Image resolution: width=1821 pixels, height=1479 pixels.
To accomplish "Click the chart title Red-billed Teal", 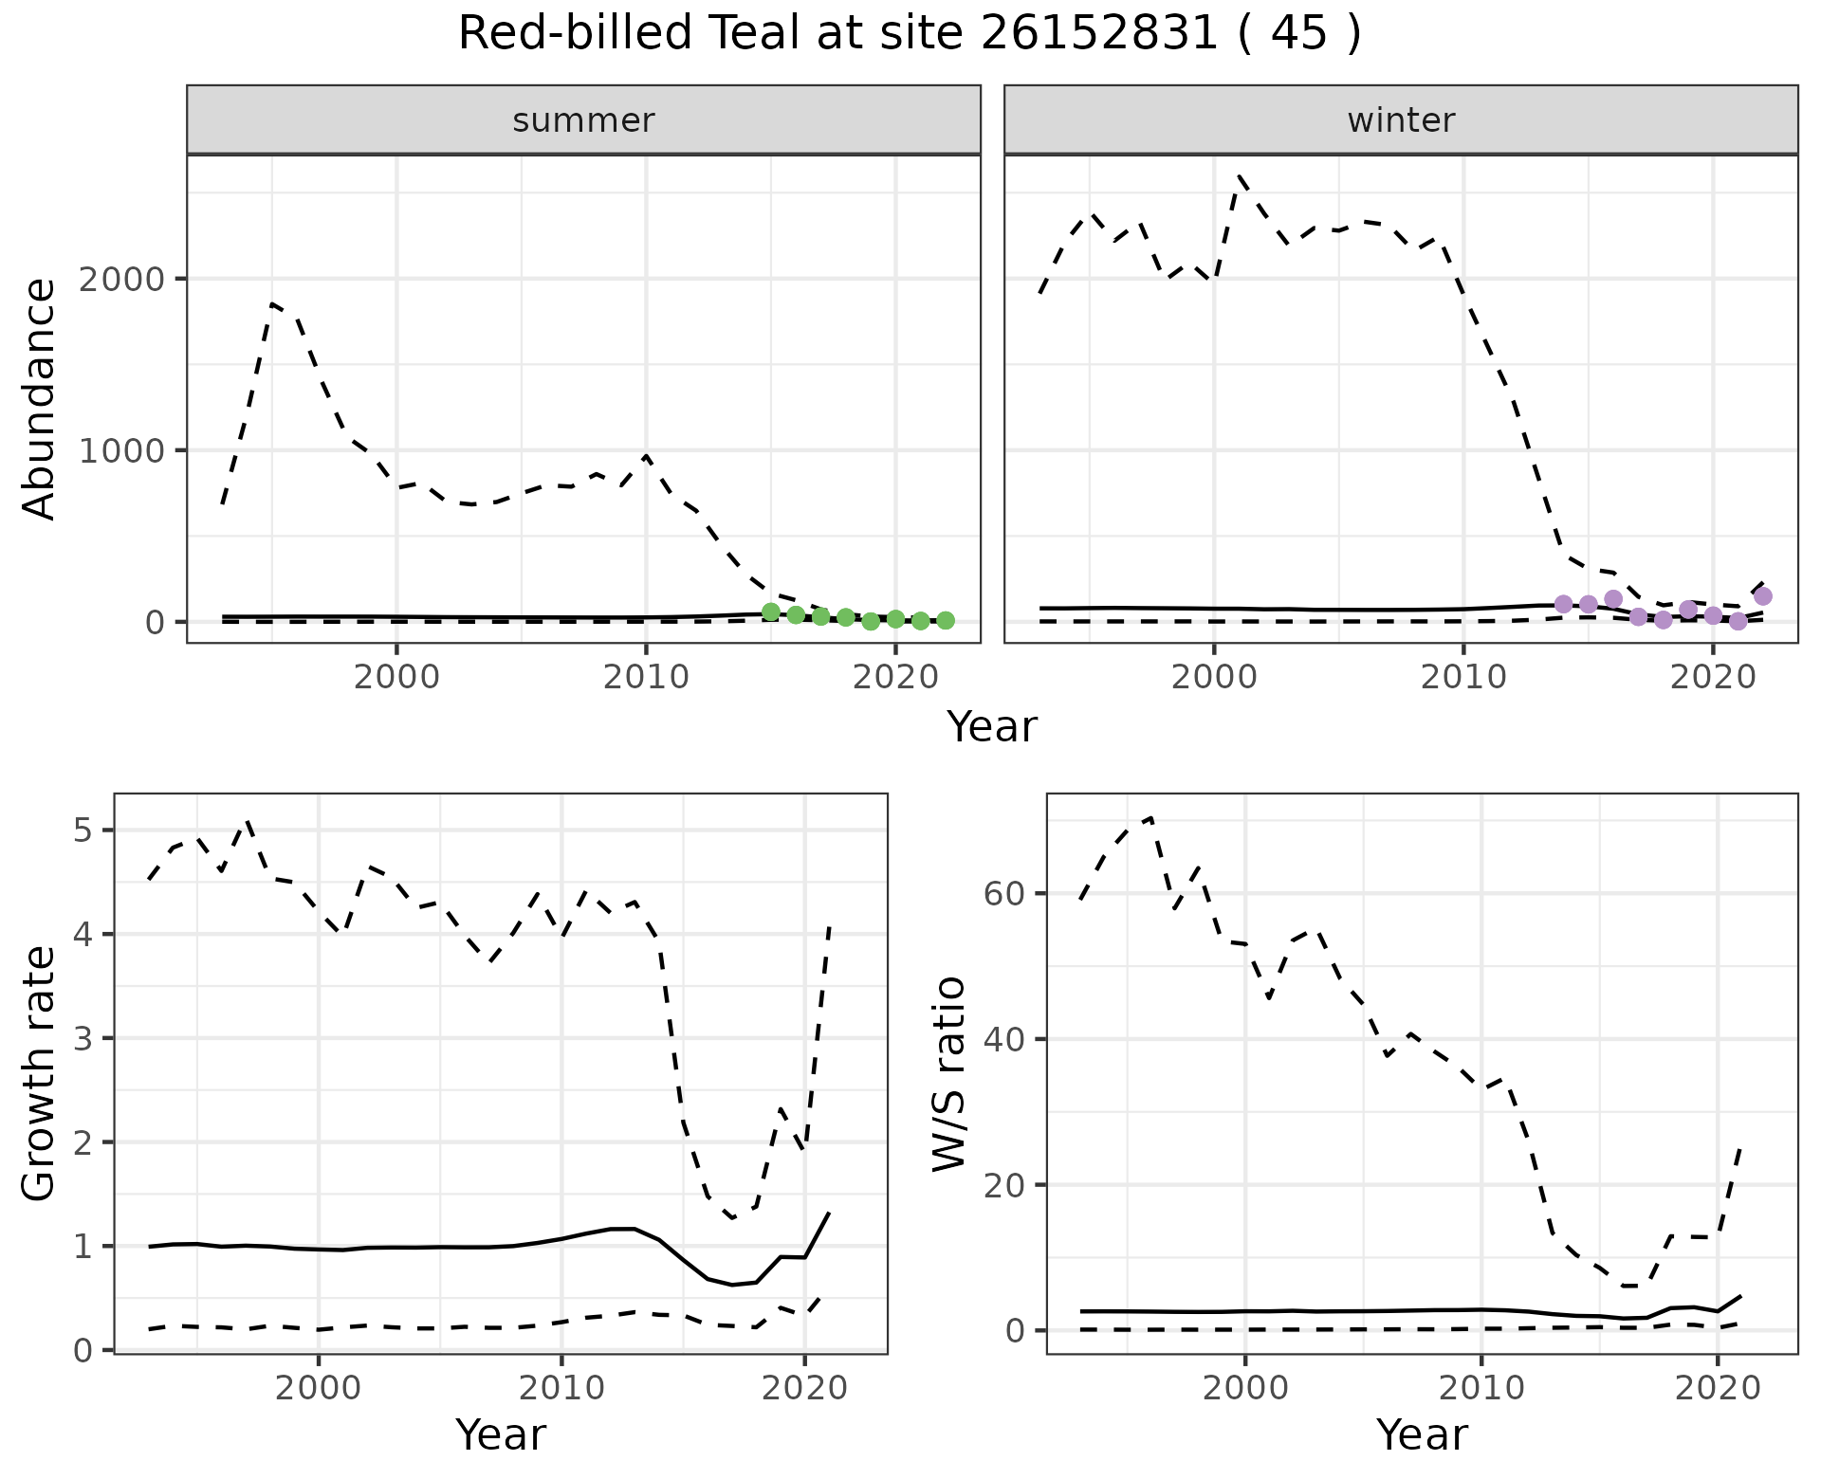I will (x=909, y=34).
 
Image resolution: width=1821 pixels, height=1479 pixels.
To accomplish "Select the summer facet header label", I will (x=583, y=120).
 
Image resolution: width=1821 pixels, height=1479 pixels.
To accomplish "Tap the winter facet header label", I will (x=1401, y=120).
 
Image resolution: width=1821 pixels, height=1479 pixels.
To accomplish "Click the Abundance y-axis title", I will (x=40, y=398).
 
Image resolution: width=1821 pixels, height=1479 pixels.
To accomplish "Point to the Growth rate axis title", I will (x=40, y=1073).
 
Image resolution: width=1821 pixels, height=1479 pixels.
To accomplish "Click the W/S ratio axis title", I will (x=948, y=1073).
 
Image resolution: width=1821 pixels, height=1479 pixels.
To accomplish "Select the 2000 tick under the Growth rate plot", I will (x=319, y=1389).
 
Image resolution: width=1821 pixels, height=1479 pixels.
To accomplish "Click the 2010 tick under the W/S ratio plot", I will (x=1481, y=1389).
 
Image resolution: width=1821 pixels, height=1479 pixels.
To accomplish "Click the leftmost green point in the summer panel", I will (x=771, y=612).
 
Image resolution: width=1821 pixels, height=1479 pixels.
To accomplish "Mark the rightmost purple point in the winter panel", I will (x=1763, y=596).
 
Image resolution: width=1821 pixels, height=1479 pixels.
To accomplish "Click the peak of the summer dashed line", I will (x=272, y=303).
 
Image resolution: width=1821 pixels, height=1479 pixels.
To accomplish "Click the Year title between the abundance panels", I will (x=992, y=727).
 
